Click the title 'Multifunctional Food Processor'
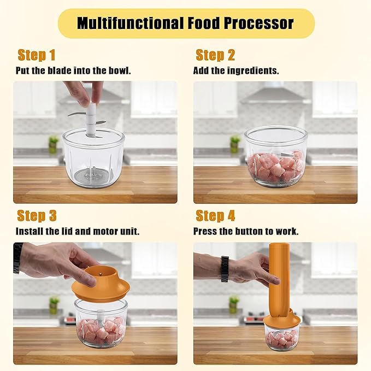pos(185,23)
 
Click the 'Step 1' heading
pos(37,55)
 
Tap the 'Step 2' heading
pos(215,55)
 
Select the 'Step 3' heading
pos(37,215)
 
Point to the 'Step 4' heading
pos(215,215)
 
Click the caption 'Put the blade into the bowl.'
pos(73,71)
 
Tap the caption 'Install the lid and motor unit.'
pos(78,231)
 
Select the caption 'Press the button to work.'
pos(246,231)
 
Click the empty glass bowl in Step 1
pos(93,158)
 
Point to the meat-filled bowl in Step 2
pos(276,158)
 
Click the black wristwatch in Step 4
pos(225,269)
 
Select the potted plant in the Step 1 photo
pos(53,144)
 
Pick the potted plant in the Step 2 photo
pos(234,144)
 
